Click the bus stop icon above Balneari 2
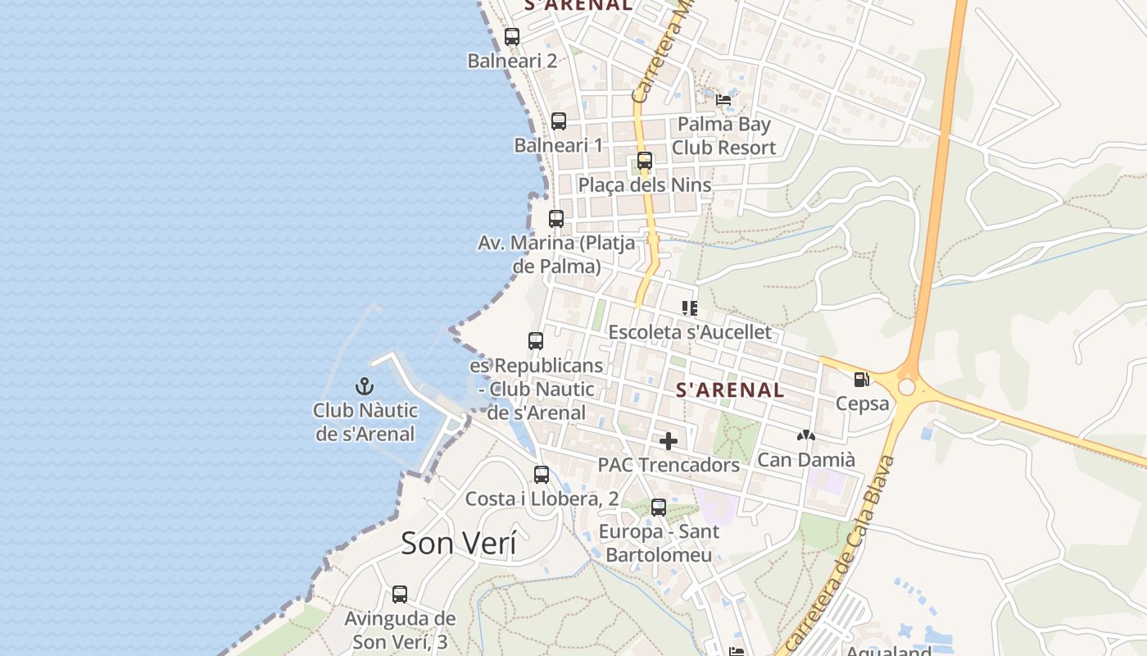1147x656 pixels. pyautogui.click(x=512, y=37)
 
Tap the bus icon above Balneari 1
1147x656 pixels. pyautogui.click(x=559, y=121)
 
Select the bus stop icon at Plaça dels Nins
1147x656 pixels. pyautogui.click(x=645, y=161)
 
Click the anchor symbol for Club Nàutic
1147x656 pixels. pyautogui.click(x=365, y=386)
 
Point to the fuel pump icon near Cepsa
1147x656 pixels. pyautogui.click(x=861, y=380)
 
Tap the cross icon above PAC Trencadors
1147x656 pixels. pyautogui.click(x=669, y=441)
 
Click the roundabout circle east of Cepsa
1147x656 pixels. pyautogui.click(x=906, y=386)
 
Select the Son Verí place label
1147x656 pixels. pyautogui.click(x=459, y=544)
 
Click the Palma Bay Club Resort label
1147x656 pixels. pyautogui.click(x=723, y=136)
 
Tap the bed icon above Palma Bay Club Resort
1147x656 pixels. pyautogui.click(x=723, y=100)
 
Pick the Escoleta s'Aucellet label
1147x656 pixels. pyautogui.click(x=690, y=332)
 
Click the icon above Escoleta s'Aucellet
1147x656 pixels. pyautogui.click(x=690, y=308)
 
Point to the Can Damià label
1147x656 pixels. pyautogui.click(x=806, y=459)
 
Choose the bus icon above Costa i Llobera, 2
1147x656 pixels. pyautogui.click(x=542, y=474)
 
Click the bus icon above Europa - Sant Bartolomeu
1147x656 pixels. pyautogui.click(x=659, y=508)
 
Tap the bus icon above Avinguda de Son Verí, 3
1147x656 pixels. pyautogui.click(x=400, y=594)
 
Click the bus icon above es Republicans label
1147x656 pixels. pyautogui.click(x=536, y=341)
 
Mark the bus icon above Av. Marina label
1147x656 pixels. pyautogui.click(x=556, y=219)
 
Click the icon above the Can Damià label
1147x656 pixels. pyautogui.click(x=806, y=436)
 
